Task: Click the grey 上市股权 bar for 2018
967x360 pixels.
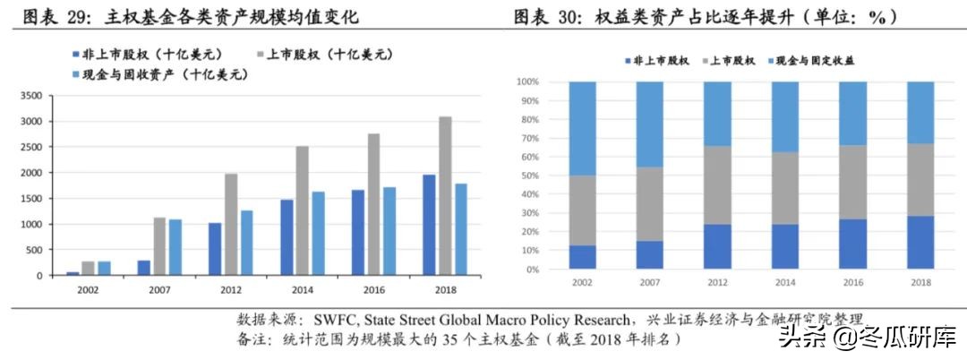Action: tap(445, 196)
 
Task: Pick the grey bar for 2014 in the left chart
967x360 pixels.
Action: tap(303, 210)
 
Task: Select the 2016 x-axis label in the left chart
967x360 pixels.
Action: tap(373, 290)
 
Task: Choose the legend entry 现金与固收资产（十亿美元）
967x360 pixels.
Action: tap(158, 75)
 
